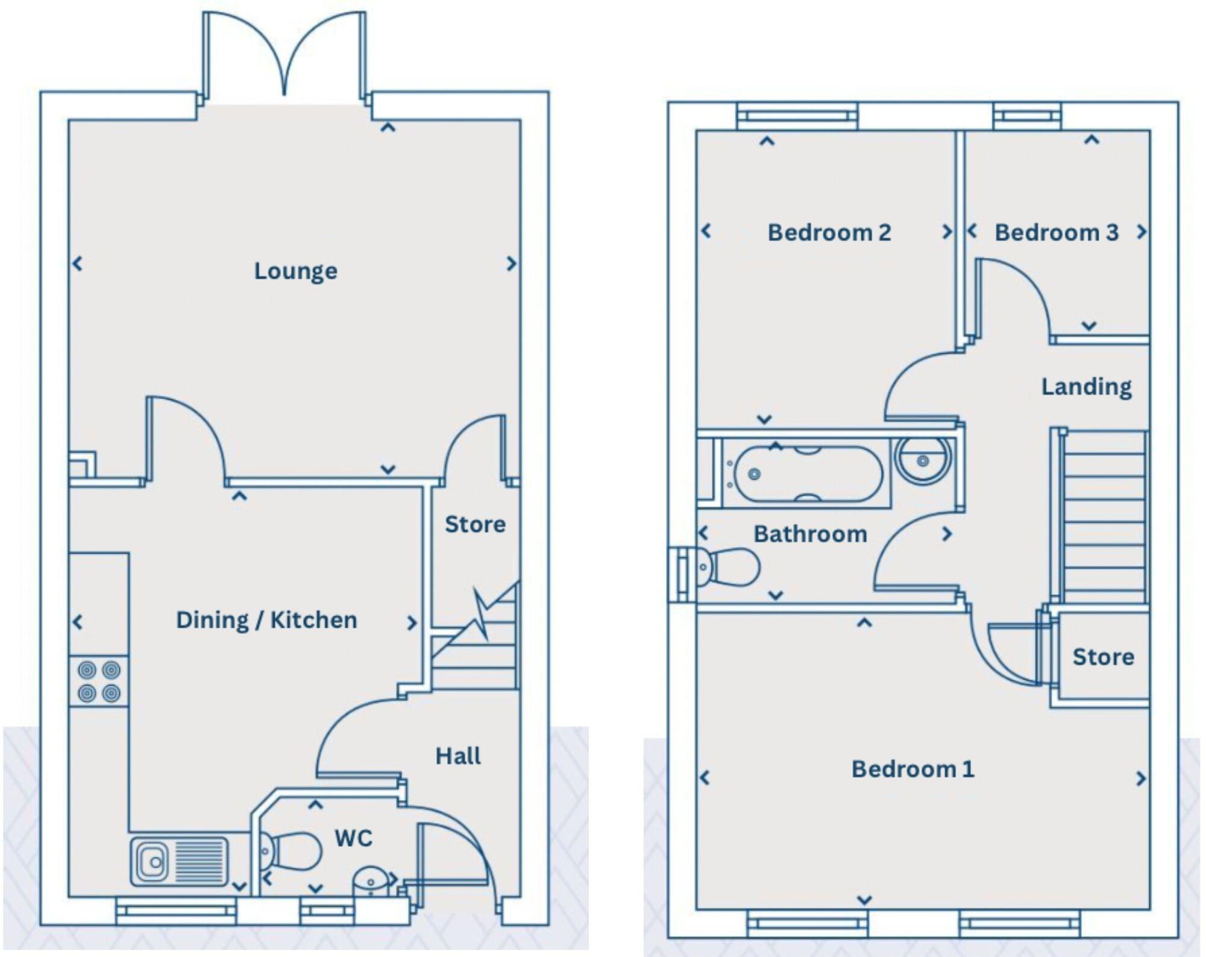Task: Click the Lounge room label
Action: [x=295, y=271]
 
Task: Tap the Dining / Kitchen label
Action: [x=266, y=620]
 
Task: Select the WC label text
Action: [x=354, y=838]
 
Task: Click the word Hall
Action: [x=458, y=756]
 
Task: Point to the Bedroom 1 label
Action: [x=912, y=769]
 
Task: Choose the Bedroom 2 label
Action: [x=829, y=232]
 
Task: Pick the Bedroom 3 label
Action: [x=1056, y=232]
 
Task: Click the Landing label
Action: [x=1086, y=387]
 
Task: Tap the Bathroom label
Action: [x=810, y=534]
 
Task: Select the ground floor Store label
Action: [x=475, y=524]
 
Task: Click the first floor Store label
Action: [x=1103, y=657]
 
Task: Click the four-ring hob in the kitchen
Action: [x=99, y=681]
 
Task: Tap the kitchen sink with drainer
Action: [x=180, y=861]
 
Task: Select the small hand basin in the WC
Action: [x=370, y=882]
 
